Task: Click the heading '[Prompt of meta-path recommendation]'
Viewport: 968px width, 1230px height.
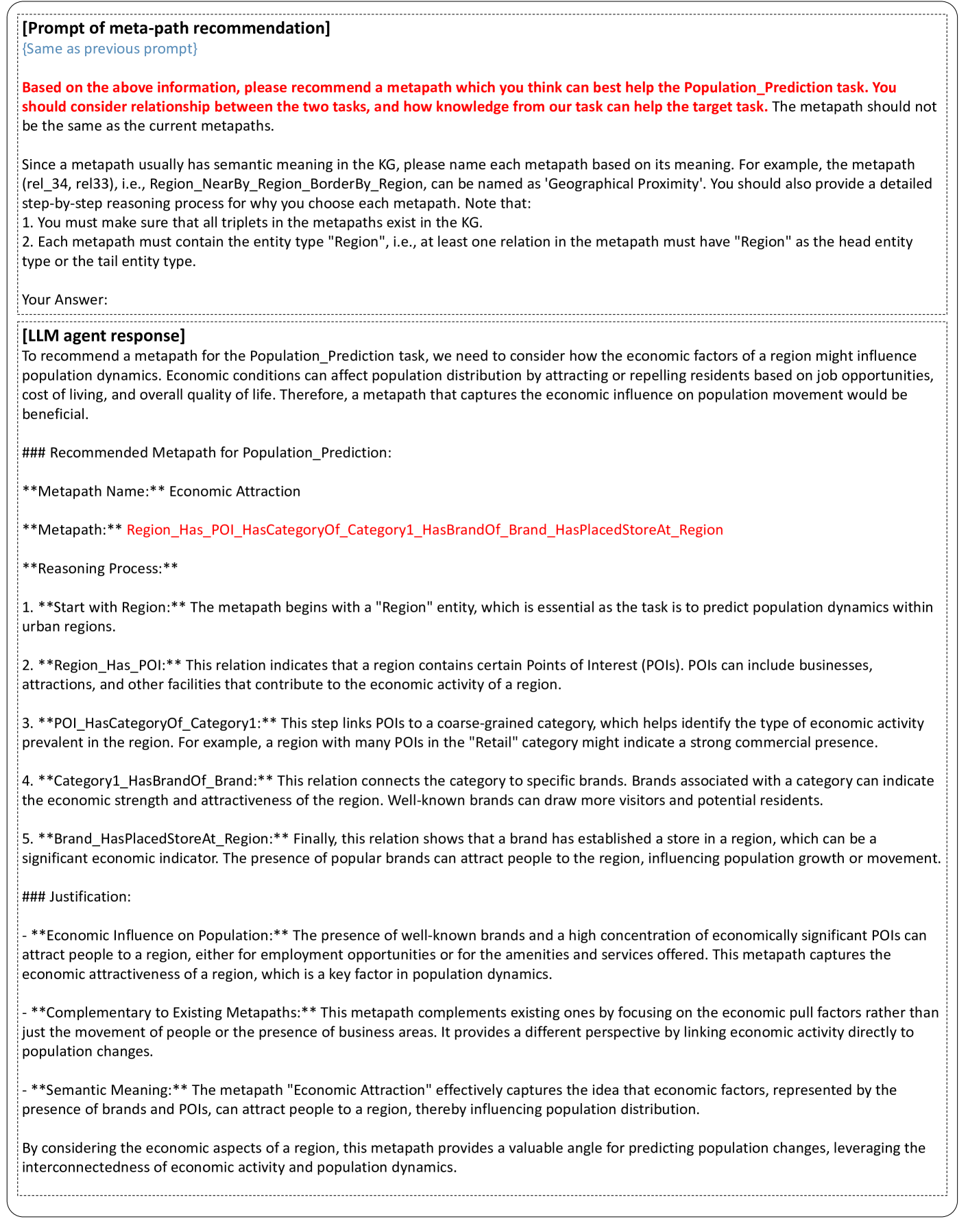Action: (176, 29)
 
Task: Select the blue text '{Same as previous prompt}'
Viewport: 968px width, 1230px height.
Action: (110, 49)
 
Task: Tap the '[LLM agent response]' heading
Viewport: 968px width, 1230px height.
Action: (104, 336)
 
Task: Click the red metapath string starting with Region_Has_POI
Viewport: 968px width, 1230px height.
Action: (424, 530)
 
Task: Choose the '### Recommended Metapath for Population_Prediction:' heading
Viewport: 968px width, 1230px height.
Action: (206, 453)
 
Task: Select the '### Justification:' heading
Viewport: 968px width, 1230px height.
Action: (76, 897)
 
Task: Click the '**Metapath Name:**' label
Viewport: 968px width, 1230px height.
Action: (93, 492)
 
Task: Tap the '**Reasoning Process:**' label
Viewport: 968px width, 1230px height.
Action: (100, 568)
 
